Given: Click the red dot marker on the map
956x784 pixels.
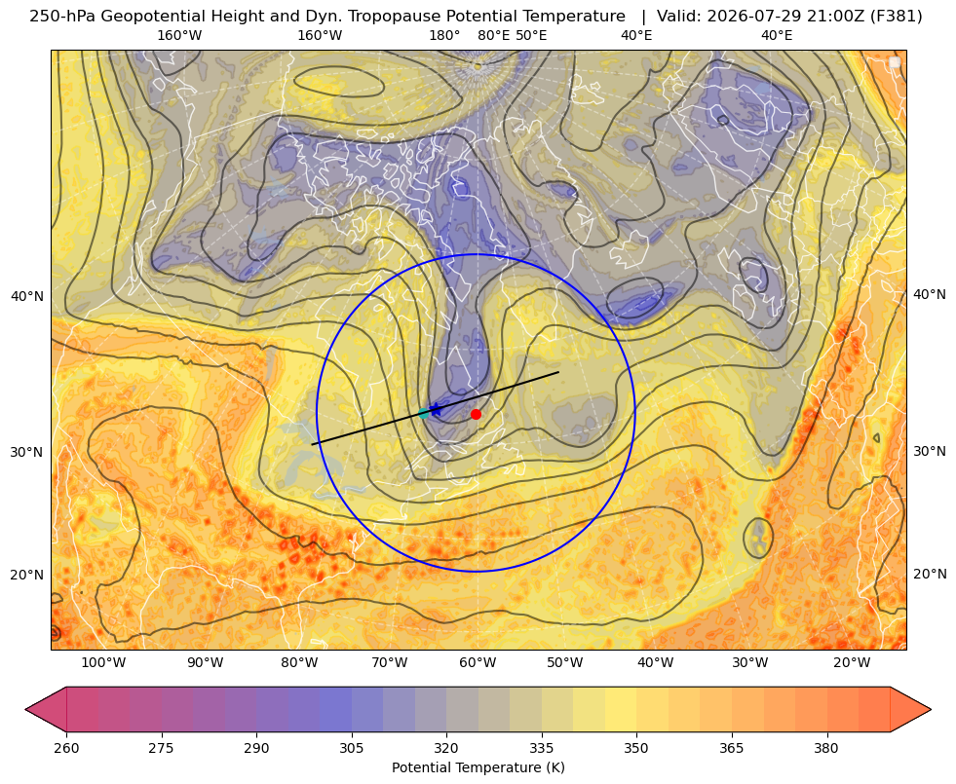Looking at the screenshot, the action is point(476,414).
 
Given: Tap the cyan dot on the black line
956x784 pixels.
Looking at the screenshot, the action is point(424,414).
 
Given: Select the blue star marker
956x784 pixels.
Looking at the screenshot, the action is point(436,409).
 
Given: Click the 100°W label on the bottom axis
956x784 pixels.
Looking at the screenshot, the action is point(103,662).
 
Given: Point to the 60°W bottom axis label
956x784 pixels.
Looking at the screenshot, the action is point(477,662).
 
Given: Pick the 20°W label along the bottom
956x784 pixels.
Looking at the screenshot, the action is point(851,662).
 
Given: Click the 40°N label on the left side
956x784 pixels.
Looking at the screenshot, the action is point(27,297).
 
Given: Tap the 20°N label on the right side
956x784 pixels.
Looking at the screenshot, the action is point(930,574).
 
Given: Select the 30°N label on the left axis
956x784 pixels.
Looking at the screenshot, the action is point(27,452).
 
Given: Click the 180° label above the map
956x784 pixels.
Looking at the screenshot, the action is point(444,35).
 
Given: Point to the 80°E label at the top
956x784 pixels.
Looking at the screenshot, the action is point(493,35).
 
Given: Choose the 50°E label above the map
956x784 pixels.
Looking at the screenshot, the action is point(531,35).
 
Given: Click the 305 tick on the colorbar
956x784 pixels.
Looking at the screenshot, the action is point(351,748).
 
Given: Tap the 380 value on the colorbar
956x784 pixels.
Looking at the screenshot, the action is point(826,748).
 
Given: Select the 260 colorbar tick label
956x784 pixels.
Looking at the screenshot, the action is point(66,748).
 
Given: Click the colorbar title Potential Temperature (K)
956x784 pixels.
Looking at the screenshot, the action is point(478,767).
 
